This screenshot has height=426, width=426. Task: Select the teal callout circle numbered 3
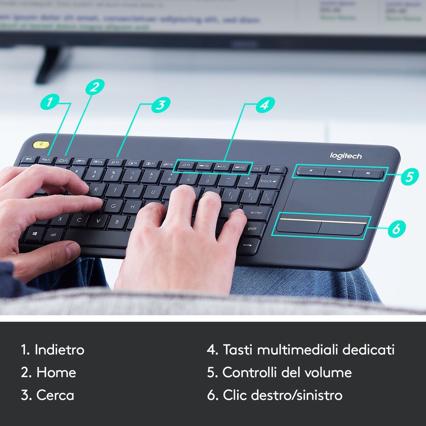(x=160, y=105)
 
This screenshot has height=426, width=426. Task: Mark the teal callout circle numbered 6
(x=396, y=228)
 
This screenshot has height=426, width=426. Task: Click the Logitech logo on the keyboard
(x=346, y=156)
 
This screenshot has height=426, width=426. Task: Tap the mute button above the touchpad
(x=311, y=171)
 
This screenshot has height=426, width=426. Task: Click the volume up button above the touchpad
(x=368, y=174)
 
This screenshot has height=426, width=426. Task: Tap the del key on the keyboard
(x=277, y=169)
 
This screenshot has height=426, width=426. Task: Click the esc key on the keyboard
(x=29, y=159)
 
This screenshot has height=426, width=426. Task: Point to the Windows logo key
(x=35, y=234)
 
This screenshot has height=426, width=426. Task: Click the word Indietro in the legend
(x=59, y=350)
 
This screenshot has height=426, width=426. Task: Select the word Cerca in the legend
(x=55, y=395)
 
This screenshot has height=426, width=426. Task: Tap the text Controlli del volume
(x=287, y=372)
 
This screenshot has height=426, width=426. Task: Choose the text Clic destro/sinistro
(x=282, y=395)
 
